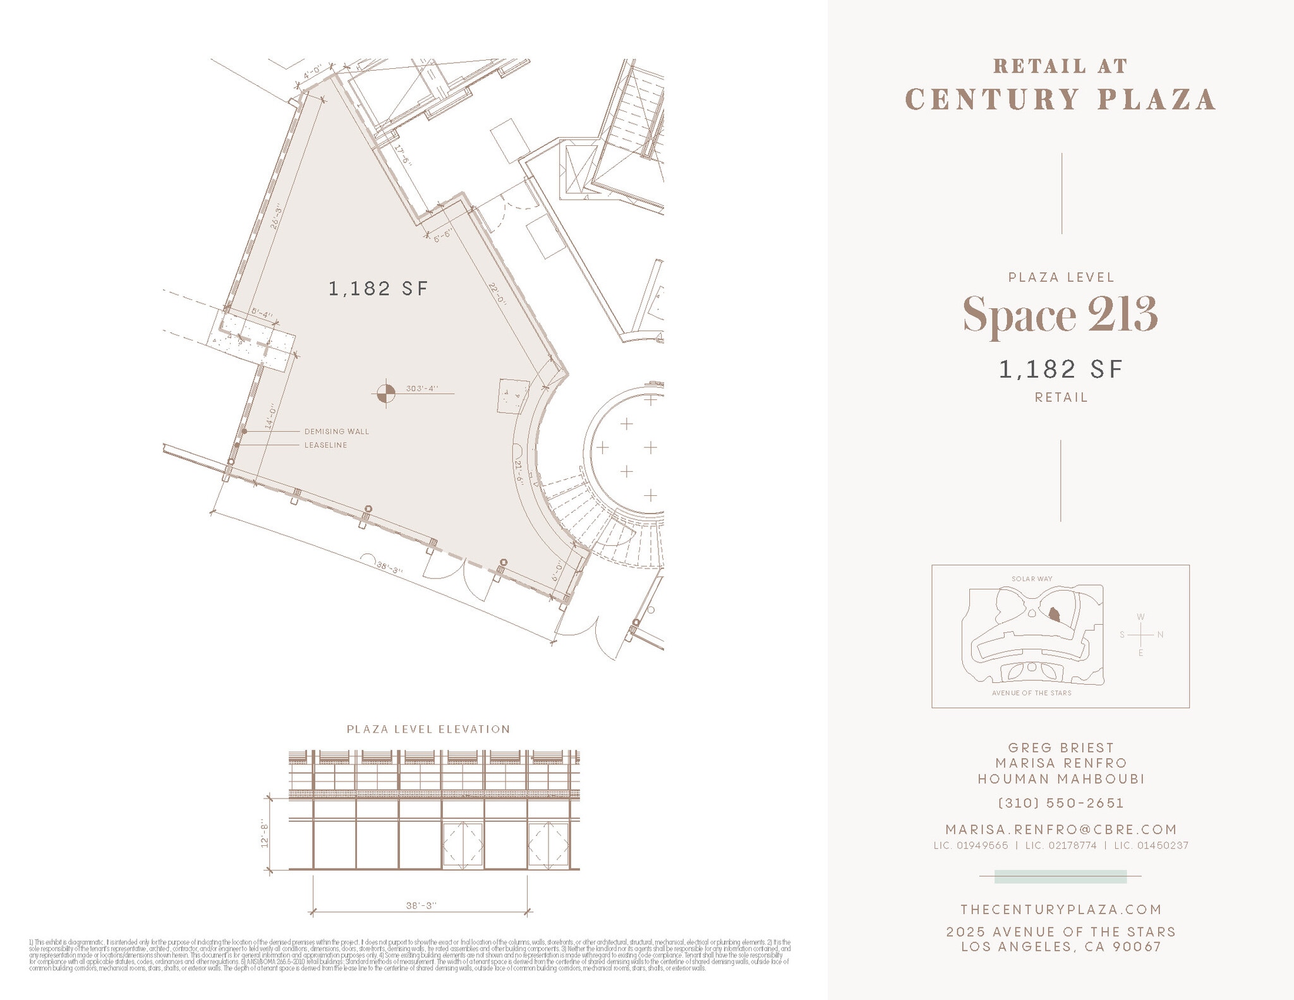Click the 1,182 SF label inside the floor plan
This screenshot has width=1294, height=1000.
378,289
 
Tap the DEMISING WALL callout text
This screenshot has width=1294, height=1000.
337,431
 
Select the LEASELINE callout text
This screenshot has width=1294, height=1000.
326,445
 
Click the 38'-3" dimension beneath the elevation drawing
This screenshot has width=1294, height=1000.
421,905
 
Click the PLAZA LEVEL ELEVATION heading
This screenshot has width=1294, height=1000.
428,729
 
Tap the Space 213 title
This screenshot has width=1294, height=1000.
1060,315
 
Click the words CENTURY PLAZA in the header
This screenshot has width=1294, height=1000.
1061,100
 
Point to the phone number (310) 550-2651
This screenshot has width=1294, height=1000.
1061,803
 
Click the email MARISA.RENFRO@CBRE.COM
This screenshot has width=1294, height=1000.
1061,829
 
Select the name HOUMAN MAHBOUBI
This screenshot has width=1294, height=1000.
1061,779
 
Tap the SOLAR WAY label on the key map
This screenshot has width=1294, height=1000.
1032,579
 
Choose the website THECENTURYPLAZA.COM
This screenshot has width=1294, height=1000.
1061,909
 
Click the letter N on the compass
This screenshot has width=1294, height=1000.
1160,635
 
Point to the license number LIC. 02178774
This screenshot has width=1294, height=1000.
1061,845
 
